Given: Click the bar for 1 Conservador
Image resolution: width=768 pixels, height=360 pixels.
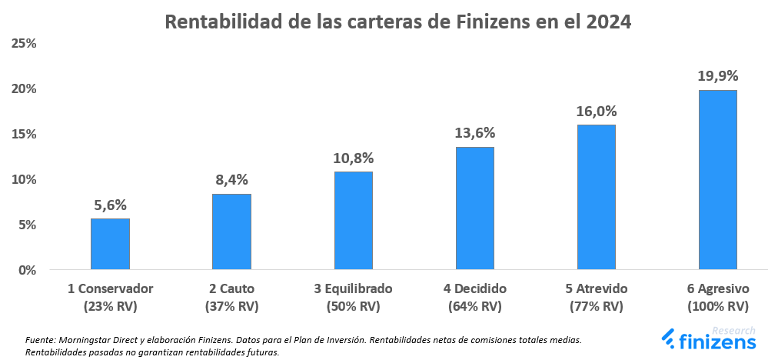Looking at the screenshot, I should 110,244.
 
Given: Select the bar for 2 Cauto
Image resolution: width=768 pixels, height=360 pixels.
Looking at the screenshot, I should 231,232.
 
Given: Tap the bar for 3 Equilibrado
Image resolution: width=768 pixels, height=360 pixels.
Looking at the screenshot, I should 353,221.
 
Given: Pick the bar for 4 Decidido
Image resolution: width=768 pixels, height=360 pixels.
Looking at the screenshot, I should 474,208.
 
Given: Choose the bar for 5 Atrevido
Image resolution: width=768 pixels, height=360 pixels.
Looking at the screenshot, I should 596,197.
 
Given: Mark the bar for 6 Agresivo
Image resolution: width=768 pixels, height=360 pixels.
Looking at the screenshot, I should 717,180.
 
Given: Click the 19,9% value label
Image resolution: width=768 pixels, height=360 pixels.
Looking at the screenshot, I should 717,75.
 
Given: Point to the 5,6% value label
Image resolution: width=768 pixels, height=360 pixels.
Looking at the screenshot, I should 110,205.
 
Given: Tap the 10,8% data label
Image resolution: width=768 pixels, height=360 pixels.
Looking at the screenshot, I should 353,158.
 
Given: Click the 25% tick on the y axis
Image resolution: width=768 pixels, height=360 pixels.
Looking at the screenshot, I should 24,43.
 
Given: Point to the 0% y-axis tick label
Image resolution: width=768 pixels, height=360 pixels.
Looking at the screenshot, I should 28,270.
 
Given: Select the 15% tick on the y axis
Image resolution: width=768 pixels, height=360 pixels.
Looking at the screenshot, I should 24,134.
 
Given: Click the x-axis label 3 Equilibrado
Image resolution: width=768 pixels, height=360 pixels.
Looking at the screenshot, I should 353,289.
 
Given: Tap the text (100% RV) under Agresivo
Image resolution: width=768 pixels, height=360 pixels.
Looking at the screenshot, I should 717,306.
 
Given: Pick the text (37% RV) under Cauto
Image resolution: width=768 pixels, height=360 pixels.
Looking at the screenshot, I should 231,306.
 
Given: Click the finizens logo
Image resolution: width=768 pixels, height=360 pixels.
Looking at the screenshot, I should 709,339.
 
